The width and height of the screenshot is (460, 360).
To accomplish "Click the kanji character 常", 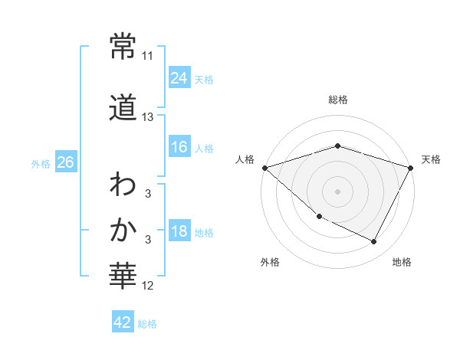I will click(123, 47).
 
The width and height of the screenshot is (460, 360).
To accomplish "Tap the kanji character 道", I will click(123, 108).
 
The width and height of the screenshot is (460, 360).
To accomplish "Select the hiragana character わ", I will click(123, 185).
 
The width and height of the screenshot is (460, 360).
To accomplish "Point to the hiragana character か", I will click(123, 229).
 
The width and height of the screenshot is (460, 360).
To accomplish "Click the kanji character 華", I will click(123, 275).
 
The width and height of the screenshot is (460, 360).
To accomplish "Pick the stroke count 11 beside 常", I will click(148, 56).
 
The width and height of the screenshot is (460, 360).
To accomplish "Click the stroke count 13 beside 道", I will click(148, 117).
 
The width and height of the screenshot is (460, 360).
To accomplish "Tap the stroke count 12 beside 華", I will click(148, 286).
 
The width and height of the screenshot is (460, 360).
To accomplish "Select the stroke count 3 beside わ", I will click(148, 194).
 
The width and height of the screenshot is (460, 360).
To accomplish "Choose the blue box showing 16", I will click(179, 147).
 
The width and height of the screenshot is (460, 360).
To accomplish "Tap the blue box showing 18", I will click(179, 231).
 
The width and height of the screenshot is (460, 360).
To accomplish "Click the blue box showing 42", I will click(123, 323).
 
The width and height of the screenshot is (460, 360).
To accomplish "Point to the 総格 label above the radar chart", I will click(338, 100).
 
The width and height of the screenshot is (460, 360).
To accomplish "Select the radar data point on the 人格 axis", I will click(264, 168).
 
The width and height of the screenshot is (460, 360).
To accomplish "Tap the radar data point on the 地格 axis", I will click(374, 242).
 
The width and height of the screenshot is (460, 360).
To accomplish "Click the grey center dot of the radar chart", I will click(338, 191).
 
